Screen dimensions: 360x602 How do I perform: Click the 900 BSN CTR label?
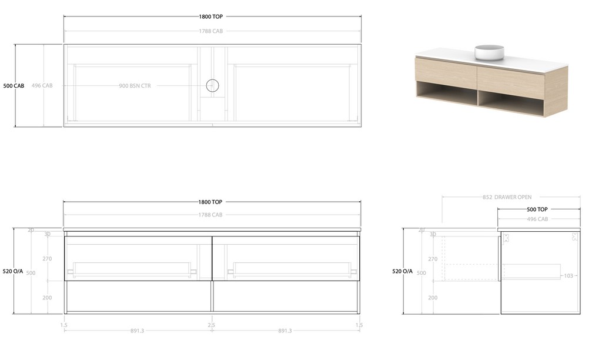pos(135,86)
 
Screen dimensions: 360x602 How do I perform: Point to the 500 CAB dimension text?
pos(14,86)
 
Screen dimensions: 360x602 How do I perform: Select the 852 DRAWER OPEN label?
pos(507,197)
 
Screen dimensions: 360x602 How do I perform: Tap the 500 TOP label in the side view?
pos(537,209)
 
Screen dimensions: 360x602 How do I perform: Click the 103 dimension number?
pos(568,276)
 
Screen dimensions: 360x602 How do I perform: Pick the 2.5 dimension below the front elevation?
pos(211,325)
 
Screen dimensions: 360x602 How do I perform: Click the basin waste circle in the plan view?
pos(212,86)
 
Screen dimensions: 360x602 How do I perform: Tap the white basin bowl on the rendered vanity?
pos(489,52)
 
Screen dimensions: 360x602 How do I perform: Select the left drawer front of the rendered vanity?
pos(445,72)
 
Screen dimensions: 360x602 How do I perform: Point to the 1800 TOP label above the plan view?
pos(210,17)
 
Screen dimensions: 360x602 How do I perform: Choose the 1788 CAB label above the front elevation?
pos(210,215)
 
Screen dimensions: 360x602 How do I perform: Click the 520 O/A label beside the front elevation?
pos(13,271)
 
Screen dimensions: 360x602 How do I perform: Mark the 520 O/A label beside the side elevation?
pos(403,271)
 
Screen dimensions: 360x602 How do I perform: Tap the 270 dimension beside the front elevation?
pos(47,259)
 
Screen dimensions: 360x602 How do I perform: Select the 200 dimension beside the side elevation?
pos(433,298)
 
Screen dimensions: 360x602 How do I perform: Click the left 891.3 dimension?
pos(137,331)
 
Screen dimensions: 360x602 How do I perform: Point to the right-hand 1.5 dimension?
pos(359,325)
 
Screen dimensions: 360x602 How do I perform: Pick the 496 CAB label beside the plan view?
pos(42,86)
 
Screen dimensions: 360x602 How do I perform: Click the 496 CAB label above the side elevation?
pos(537,219)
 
